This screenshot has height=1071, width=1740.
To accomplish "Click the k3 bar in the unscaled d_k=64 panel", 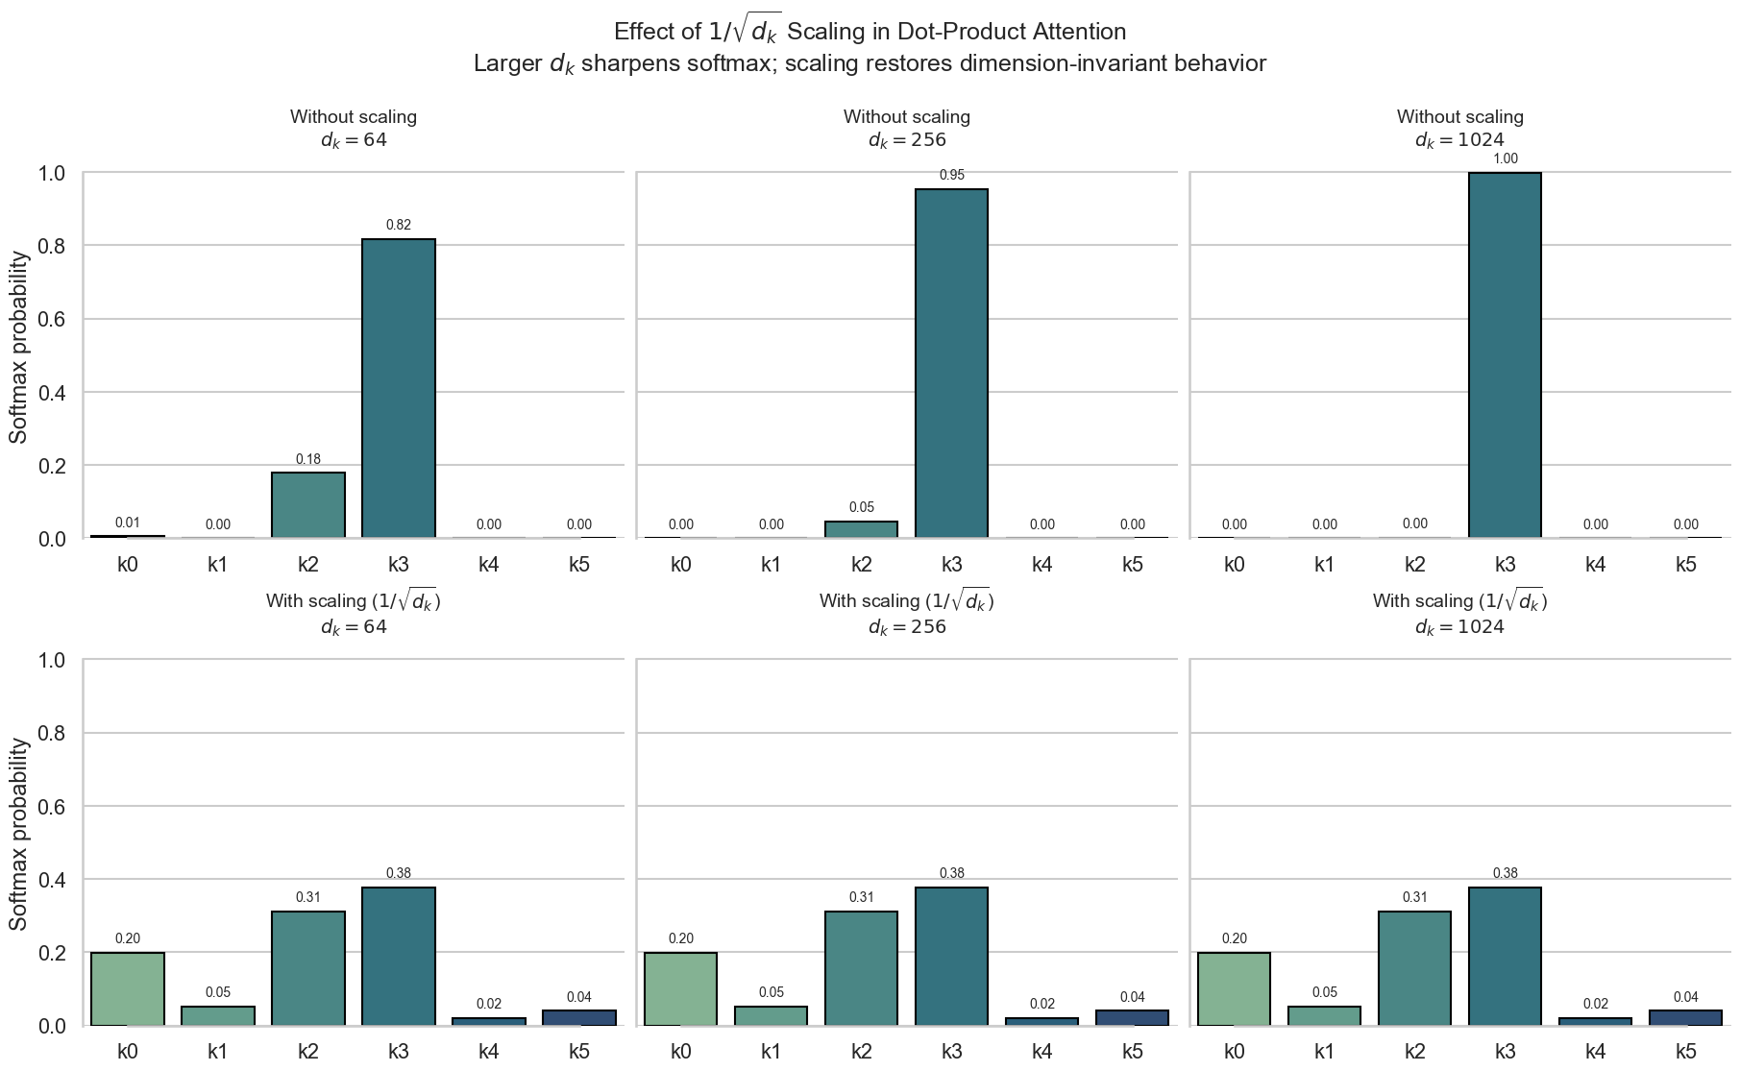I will (x=399, y=388).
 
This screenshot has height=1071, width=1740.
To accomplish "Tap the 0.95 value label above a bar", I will (x=951, y=175).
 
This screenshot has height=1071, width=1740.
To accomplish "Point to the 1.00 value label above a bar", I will (x=1505, y=158).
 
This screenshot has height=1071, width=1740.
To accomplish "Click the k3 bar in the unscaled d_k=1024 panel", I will (x=1505, y=355).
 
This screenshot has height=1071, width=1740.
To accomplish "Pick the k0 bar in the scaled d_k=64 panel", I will (x=128, y=988).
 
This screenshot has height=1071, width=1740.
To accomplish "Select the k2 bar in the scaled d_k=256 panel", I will (x=862, y=968).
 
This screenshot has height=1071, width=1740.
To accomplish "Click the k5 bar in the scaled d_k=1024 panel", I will (x=1685, y=1017).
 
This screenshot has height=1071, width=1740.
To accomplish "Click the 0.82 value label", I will (x=399, y=225).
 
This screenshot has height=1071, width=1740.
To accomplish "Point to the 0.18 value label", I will (x=308, y=459).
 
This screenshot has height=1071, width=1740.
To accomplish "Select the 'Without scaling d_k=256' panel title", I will (x=907, y=128).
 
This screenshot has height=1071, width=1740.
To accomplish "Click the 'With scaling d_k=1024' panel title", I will (x=1459, y=613).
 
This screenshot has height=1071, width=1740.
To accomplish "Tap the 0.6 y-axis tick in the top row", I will (x=52, y=319).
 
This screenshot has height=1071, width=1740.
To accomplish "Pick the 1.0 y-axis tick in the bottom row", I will (x=52, y=660).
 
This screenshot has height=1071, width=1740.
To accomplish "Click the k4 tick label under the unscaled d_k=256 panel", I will (x=1042, y=564).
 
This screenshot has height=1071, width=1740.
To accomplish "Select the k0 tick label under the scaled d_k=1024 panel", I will (x=1235, y=1051).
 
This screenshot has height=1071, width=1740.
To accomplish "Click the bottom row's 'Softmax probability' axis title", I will (x=19, y=834).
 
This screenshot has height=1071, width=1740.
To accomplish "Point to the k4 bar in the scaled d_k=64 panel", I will (x=489, y=1021).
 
